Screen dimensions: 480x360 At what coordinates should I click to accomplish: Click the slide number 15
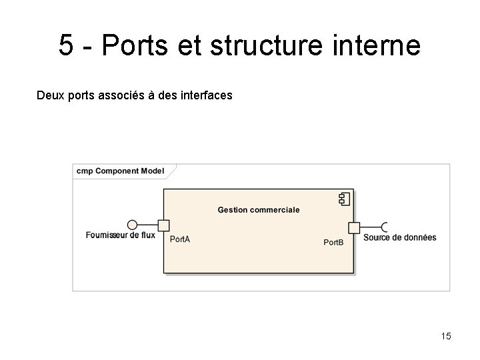(446, 335)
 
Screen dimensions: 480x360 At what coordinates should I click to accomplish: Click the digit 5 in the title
(65, 45)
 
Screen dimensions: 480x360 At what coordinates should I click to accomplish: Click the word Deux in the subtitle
(50, 95)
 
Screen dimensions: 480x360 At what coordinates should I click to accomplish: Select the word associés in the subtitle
(115, 95)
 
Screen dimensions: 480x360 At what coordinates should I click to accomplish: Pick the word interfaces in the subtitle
(203, 95)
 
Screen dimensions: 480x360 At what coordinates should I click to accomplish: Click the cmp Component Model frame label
(120, 171)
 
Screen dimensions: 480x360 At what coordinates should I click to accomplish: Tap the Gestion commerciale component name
(259, 209)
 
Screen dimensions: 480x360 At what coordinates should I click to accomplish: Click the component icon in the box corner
(345, 198)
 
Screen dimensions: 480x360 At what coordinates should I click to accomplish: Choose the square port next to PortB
(354, 228)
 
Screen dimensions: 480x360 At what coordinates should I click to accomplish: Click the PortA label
(180, 239)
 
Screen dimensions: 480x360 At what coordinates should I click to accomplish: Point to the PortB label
(333, 242)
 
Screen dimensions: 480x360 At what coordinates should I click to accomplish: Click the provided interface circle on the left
(132, 225)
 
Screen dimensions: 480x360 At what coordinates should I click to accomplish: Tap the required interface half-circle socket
(385, 227)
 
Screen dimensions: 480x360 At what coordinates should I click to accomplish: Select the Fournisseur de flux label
(121, 235)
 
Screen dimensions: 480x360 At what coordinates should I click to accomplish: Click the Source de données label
(400, 237)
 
